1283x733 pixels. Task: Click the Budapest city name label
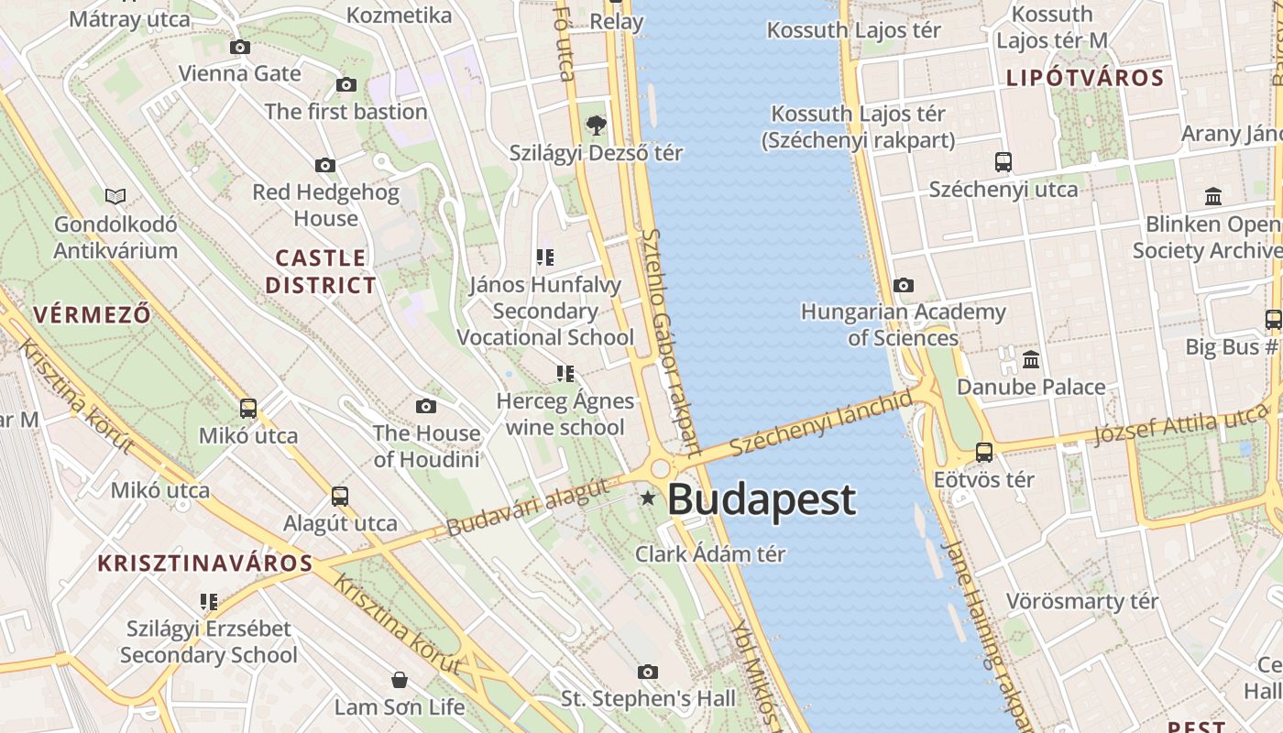click(761, 500)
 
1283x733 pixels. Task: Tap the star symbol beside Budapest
click(648, 498)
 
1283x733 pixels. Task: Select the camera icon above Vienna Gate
click(240, 47)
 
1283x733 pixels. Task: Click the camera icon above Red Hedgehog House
click(325, 166)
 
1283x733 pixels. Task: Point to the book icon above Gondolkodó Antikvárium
click(115, 196)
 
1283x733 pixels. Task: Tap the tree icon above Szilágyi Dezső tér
click(596, 125)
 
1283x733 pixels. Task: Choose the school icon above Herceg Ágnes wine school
click(565, 374)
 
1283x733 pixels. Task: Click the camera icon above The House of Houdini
click(426, 406)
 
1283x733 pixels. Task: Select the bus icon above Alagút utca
click(340, 497)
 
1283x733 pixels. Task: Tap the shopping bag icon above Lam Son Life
click(400, 680)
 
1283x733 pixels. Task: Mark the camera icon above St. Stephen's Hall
click(648, 672)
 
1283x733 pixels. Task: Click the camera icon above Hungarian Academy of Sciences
click(904, 285)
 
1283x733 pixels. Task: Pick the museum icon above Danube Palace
click(1031, 359)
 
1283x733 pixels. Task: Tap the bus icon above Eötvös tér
click(984, 452)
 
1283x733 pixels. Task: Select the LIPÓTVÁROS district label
click(1085, 78)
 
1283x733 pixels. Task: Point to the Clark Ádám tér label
click(710, 554)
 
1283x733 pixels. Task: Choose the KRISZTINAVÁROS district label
click(205, 563)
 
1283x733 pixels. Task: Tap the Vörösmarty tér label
click(1082, 602)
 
